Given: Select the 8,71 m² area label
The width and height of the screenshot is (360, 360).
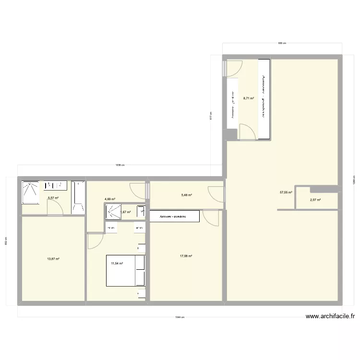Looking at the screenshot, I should (248, 98).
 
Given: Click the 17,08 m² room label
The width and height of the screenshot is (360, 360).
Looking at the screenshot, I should (186, 256).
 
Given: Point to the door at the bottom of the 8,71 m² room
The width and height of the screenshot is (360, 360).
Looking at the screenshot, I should (248, 131).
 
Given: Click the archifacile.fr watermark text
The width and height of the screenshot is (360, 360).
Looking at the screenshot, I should (331, 316).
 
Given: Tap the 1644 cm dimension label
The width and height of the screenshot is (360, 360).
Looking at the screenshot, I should (180, 317).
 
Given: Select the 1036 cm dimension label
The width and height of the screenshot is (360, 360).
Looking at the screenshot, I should (120, 165).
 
